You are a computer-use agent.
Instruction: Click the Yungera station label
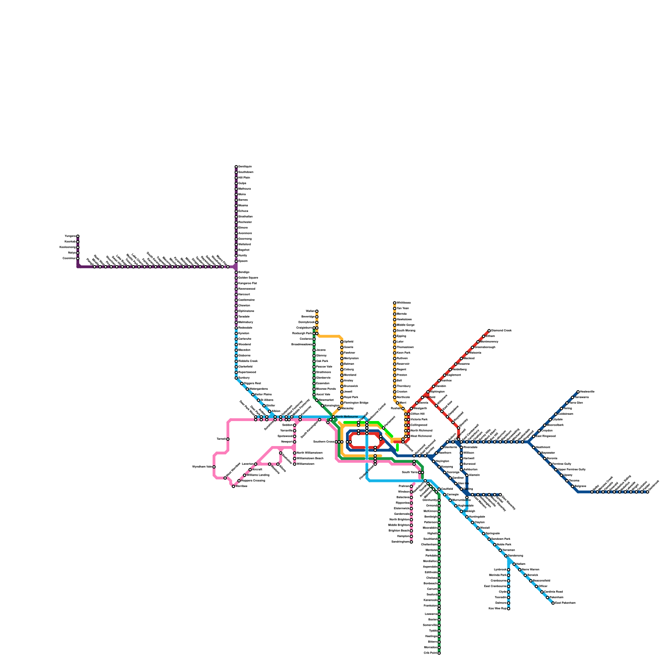tap(70, 236)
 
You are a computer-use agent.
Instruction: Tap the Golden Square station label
tap(248, 278)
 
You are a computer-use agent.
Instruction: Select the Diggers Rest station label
tap(252, 383)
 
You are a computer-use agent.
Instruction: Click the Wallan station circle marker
tap(317, 311)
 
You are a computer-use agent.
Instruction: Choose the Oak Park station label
tap(322, 361)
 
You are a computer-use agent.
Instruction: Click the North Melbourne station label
tap(346, 417)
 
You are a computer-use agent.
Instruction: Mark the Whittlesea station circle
tap(394, 303)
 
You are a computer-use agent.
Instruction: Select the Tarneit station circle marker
tap(228, 439)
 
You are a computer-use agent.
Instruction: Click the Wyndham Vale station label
tap(202, 466)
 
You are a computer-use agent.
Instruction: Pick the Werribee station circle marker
tap(233, 486)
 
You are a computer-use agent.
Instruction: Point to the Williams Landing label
tap(258, 475)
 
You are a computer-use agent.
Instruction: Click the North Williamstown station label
tap(310, 453)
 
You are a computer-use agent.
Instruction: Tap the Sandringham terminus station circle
tap(411, 542)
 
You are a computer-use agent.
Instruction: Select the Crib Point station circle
tap(439, 653)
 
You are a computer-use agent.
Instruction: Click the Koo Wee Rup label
tap(497, 608)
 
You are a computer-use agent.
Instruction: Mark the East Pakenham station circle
tap(553, 603)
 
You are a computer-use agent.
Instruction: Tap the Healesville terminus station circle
tap(578, 392)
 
